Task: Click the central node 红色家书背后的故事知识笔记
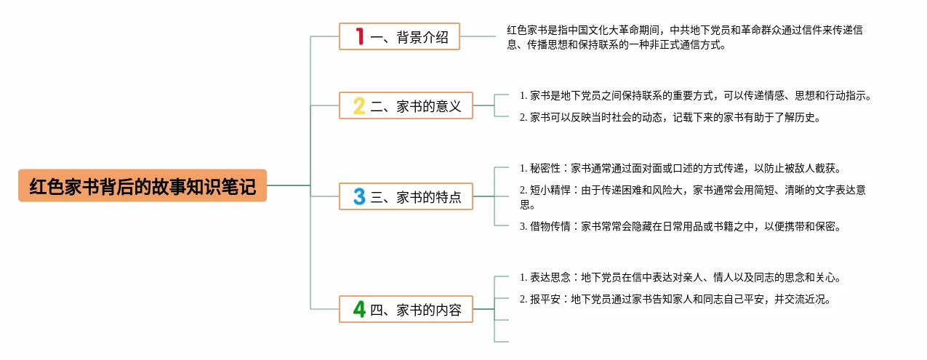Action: click(x=143, y=185)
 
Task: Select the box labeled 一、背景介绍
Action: click(x=399, y=36)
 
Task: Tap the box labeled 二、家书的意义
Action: click(x=406, y=105)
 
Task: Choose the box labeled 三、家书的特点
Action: click(x=406, y=196)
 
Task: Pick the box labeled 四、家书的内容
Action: click(x=406, y=309)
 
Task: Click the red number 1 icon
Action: click(x=359, y=36)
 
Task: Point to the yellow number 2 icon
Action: click(x=359, y=105)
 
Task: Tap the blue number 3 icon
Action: click(x=359, y=196)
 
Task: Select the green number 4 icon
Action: click(x=359, y=309)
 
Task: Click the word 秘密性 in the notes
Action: click(x=545, y=168)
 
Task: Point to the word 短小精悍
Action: click(x=550, y=190)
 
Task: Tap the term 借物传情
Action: click(x=550, y=226)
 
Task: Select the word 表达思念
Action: click(x=550, y=277)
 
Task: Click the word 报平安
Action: click(x=545, y=299)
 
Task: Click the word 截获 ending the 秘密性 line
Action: click(x=830, y=168)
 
